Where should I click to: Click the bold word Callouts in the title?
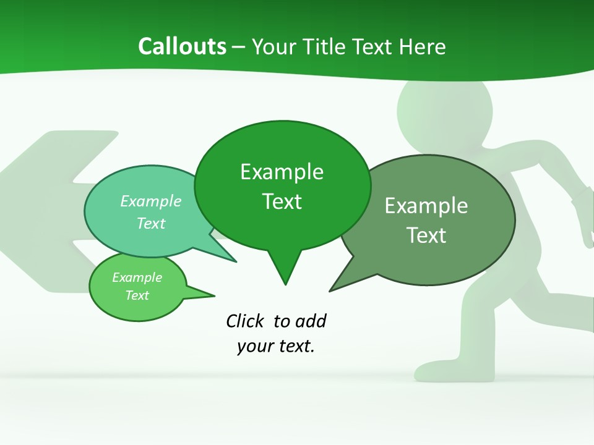point(182,46)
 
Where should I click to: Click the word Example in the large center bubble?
point(282,172)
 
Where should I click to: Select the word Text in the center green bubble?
point(282,201)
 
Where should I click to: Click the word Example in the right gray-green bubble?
point(426,206)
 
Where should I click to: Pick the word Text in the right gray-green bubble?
point(426,235)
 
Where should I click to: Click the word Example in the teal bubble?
point(150,201)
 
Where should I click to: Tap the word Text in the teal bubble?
point(150,223)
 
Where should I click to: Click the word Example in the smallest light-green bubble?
point(137,278)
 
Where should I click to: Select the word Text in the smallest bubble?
point(137,295)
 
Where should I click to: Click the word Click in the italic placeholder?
point(246,321)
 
